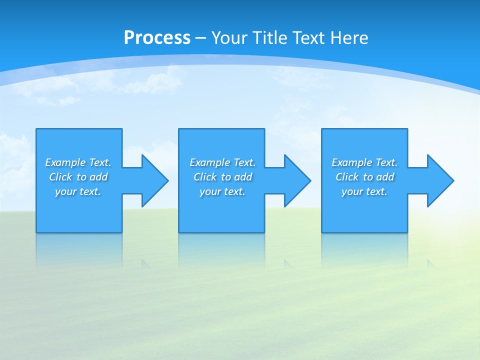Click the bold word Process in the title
(x=157, y=38)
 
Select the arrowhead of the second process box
(x=296, y=180)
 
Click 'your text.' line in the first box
(x=78, y=191)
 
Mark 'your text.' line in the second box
(x=222, y=191)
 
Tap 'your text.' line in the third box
(x=364, y=191)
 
